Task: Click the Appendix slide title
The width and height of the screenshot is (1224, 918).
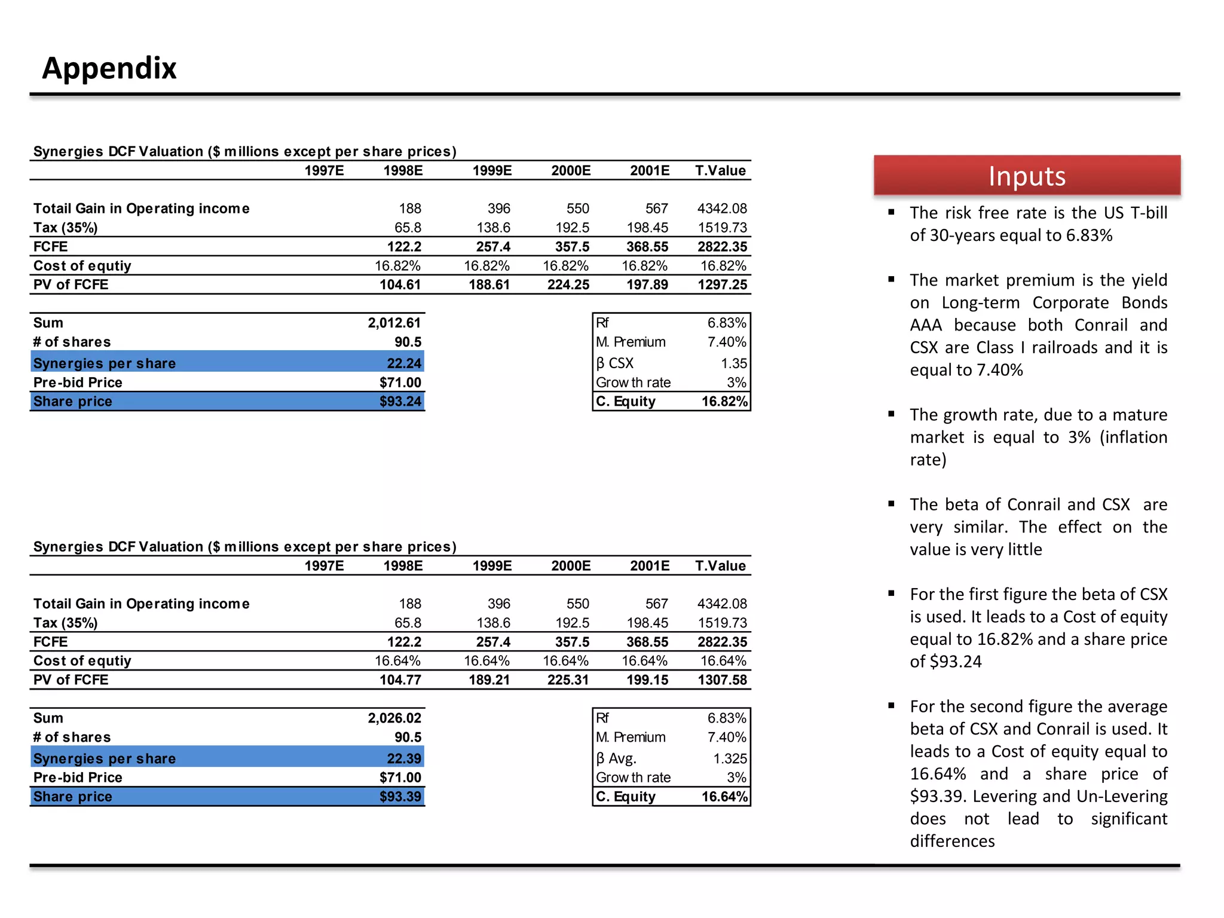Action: tap(109, 68)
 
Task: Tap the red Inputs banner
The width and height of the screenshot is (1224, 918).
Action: tap(1027, 176)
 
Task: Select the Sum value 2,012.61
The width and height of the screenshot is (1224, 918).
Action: tap(394, 323)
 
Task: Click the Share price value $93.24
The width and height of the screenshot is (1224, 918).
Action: tap(400, 402)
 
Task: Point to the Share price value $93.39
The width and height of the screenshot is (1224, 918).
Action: tap(400, 797)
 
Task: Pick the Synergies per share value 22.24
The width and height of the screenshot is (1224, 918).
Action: tap(404, 363)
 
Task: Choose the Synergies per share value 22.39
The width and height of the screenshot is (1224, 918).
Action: tap(404, 758)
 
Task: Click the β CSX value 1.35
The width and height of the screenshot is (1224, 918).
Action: tap(734, 363)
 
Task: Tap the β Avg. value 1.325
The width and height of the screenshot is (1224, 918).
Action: tap(730, 758)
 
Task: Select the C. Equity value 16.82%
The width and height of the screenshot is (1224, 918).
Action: tap(724, 402)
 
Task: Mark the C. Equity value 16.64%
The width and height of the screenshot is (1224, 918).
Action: tap(724, 797)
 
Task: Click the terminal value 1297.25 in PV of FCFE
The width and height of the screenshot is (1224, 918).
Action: tap(723, 285)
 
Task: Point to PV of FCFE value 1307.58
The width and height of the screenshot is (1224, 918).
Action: tap(723, 680)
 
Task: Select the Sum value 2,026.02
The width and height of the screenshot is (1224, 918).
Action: tap(394, 718)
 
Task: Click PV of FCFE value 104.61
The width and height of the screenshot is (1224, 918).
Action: tap(400, 285)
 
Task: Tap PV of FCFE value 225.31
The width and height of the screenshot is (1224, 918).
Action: tap(568, 680)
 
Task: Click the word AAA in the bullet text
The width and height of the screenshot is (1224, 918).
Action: tap(926, 326)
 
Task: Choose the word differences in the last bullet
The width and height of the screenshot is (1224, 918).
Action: tap(952, 841)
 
